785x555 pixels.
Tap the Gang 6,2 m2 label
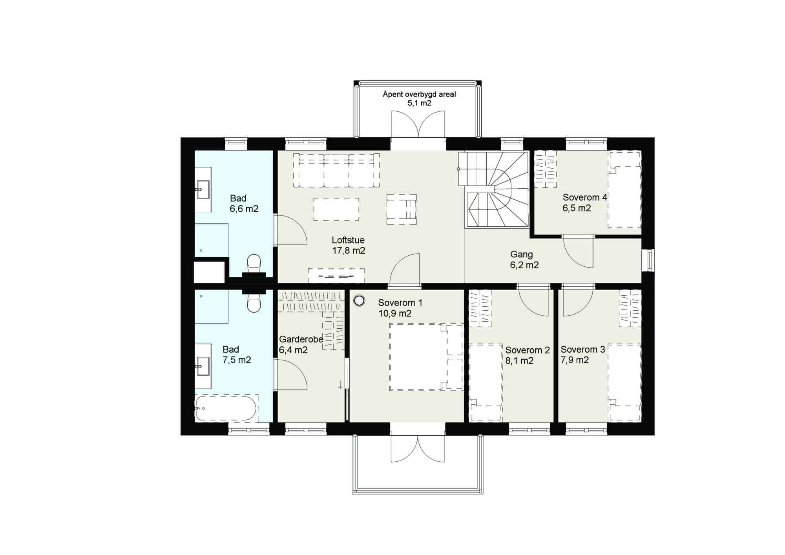[524, 260]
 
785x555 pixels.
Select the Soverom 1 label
[400, 303]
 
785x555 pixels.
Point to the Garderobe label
[301, 339]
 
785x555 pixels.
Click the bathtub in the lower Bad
[226, 408]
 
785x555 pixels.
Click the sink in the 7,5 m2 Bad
[203, 366]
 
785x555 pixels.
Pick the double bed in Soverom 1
[426, 357]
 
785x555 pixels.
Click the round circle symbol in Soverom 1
[359, 301]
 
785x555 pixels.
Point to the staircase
[493, 190]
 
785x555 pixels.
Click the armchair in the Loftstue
[402, 209]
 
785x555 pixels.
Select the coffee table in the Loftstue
[336, 209]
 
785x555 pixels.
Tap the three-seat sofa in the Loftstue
[336, 170]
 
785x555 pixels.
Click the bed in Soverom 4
[624, 190]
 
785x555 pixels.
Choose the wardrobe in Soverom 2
[480, 308]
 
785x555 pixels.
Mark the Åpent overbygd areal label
[419, 94]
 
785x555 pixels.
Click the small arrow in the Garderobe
[340, 384]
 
